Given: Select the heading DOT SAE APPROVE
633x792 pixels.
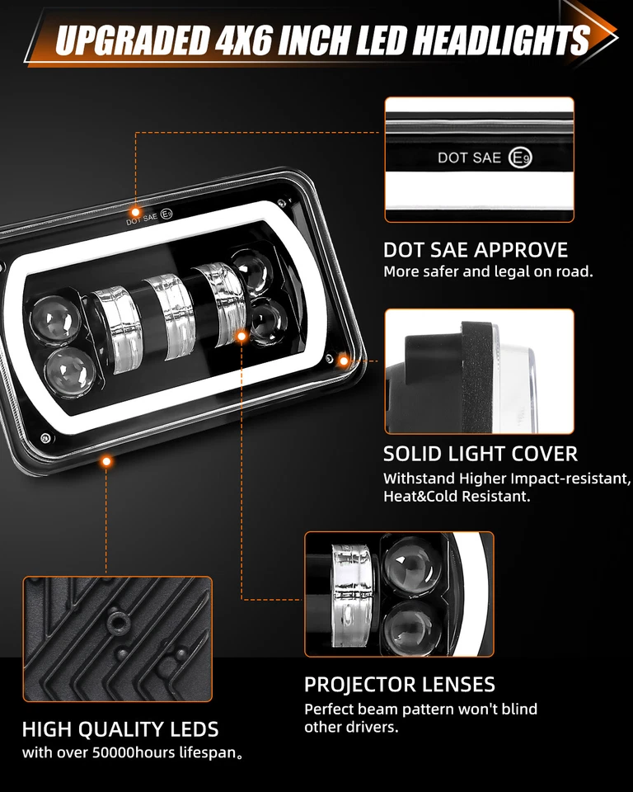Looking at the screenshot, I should click(476, 250).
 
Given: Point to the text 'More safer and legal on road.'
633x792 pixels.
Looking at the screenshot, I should click(488, 271).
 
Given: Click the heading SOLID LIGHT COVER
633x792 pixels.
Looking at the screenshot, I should click(481, 454).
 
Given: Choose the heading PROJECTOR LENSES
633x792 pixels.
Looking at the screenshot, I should click(400, 685).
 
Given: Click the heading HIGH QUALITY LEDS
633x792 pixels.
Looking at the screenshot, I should click(120, 729).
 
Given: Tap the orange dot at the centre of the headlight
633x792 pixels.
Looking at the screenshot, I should click(241, 336).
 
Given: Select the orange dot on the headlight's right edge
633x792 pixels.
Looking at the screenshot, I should click(345, 360).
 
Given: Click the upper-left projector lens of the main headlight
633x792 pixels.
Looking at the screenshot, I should click(54, 318).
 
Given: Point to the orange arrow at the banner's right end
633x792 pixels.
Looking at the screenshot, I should click(598, 29).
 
